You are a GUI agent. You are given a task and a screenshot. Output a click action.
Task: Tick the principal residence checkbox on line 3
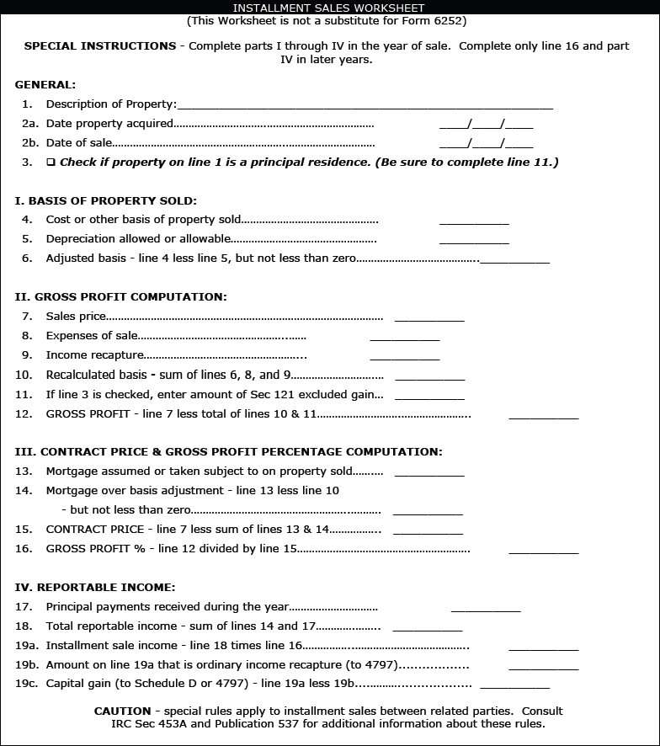click(x=51, y=162)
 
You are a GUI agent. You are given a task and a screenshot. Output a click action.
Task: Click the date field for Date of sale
click(x=486, y=144)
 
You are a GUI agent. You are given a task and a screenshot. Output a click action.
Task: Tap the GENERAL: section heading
click(x=45, y=84)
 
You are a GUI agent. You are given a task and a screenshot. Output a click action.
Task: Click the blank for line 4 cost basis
click(x=474, y=221)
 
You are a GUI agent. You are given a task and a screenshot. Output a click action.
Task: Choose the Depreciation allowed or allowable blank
click(x=474, y=241)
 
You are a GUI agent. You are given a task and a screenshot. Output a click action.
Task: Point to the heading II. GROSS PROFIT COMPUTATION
click(x=120, y=296)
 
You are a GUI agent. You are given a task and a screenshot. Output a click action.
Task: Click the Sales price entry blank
click(x=429, y=318)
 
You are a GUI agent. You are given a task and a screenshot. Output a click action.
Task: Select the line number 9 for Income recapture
click(x=27, y=355)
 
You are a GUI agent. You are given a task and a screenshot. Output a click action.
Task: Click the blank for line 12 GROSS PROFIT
click(x=543, y=415)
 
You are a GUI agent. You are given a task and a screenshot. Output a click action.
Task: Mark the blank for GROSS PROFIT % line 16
click(x=543, y=551)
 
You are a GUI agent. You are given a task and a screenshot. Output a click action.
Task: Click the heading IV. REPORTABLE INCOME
click(x=95, y=587)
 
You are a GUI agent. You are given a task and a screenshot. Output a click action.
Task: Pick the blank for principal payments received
click(x=486, y=609)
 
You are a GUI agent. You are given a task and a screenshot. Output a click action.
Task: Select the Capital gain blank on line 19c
click(x=514, y=686)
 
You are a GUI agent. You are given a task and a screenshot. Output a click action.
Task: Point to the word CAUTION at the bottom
click(x=122, y=711)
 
